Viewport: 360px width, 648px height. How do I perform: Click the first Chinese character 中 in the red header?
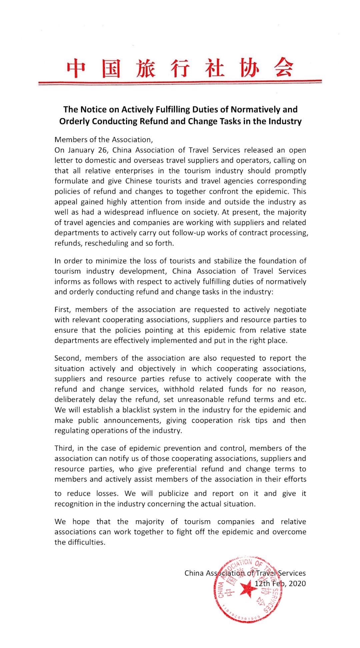pyautogui.click(x=76, y=68)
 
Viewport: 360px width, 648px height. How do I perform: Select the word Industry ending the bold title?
pyautogui.click(x=287, y=121)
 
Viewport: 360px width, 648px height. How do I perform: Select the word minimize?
pyautogui.click(x=110, y=261)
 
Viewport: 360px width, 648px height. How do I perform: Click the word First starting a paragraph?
pyautogui.click(x=62, y=309)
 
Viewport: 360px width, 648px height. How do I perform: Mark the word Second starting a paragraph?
pyautogui.click(x=67, y=358)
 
